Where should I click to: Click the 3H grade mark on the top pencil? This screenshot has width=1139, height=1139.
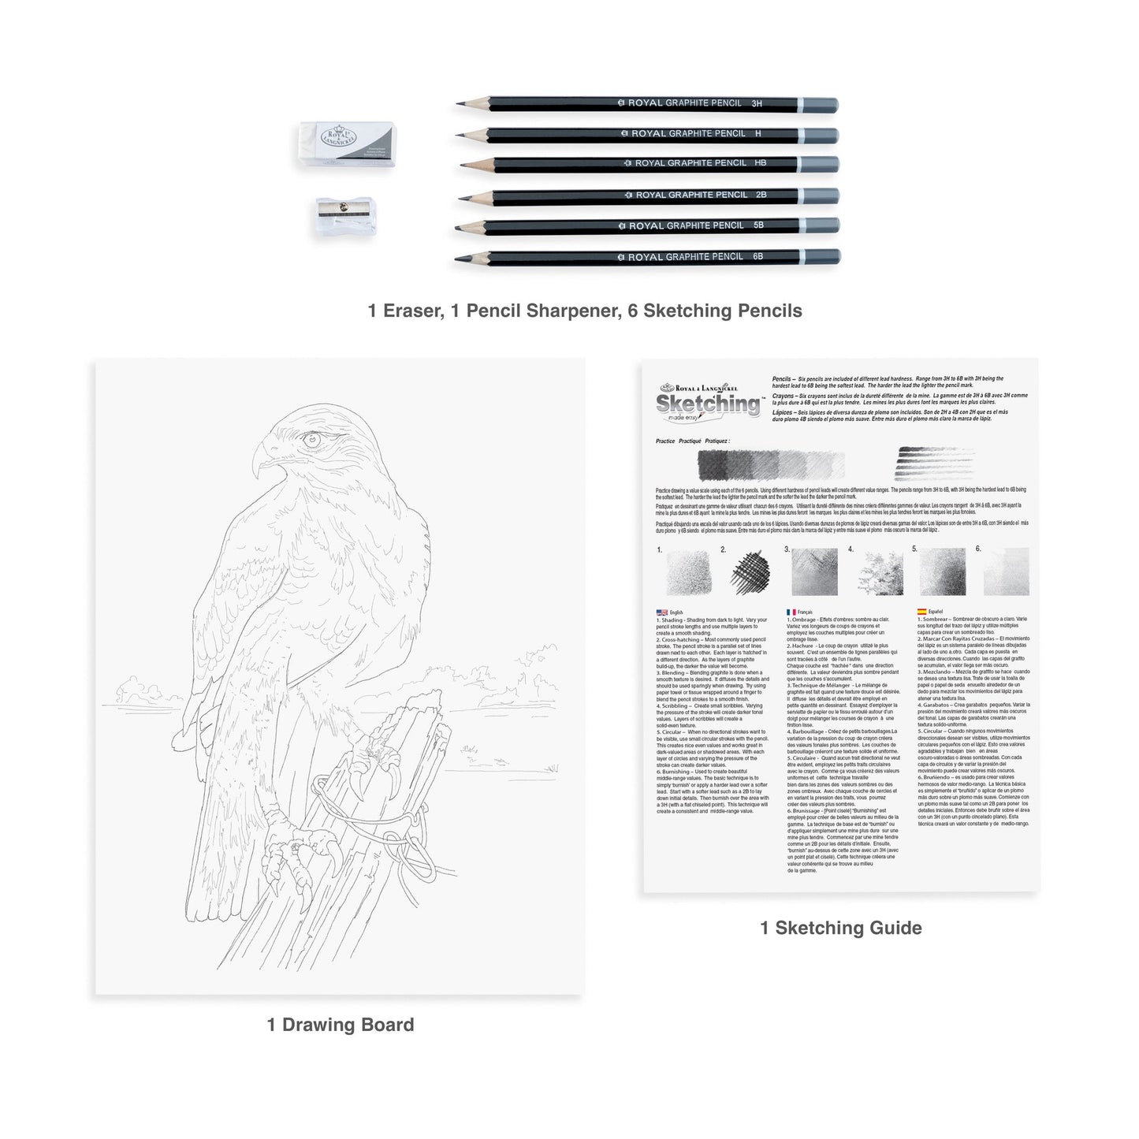pos(757,104)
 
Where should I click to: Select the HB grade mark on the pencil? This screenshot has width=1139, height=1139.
pos(761,163)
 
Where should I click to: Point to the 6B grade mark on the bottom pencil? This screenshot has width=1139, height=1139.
pos(757,256)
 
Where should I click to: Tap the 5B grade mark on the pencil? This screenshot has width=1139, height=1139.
pos(757,225)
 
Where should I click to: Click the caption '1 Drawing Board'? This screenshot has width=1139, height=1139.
pos(340,1025)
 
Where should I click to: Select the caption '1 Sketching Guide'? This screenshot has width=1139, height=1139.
pos(840,928)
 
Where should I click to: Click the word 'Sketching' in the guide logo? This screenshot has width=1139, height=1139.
pos(708,404)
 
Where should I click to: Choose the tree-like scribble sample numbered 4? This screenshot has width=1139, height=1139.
pos(880,571)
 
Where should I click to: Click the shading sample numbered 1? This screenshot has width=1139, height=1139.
pos(688,572)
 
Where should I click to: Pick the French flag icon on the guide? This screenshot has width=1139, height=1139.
pos(791,612)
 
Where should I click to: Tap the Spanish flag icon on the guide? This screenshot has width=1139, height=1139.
pos(921,612)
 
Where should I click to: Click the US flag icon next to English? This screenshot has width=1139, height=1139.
pos(661,612)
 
